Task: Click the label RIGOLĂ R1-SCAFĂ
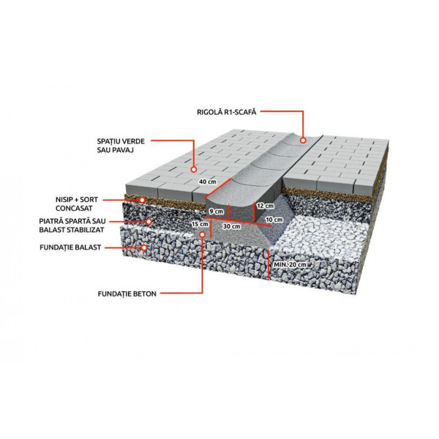[227, 112]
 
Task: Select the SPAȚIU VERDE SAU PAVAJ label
[121, 146]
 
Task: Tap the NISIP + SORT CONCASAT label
[77, 204]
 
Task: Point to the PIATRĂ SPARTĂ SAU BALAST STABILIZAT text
[72, 225]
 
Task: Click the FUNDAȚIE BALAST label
[70, 247]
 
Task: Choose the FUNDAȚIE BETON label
[127, 294]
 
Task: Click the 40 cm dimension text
[208, 181]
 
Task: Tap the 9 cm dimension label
[217, 211]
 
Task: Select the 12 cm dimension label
[266, 206]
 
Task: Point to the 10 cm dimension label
[274, 219]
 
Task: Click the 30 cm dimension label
[231, 226]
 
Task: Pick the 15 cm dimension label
[200, 224]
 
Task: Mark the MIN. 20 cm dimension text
[290, 265]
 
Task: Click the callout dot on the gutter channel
[303, 140]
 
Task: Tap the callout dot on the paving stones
[193, 170]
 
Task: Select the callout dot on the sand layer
[142, 200]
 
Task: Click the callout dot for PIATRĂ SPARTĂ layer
[149, 222]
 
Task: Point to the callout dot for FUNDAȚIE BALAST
[144, 247]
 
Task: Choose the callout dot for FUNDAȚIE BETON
[202, 234]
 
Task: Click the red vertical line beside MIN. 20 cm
[269, 264]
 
